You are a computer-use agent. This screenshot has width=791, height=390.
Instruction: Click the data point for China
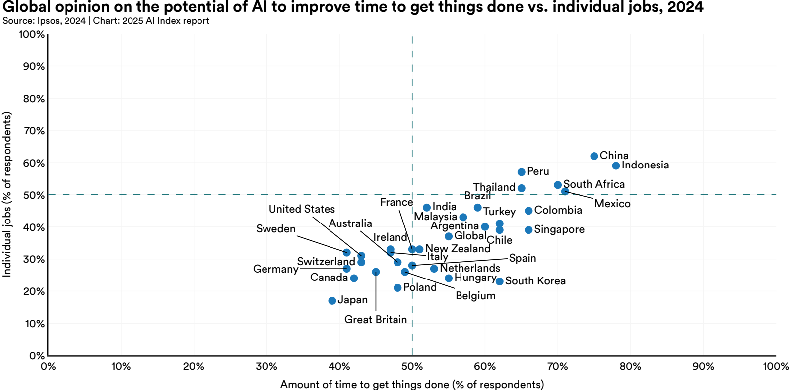click(594, 156)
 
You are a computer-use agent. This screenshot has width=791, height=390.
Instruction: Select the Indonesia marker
click(616, 166)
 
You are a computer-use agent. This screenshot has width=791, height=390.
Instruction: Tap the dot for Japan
click(332, 301)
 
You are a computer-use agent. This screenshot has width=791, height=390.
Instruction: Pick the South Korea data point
click(499, 281)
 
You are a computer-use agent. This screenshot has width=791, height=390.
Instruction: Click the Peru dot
click(521, 172)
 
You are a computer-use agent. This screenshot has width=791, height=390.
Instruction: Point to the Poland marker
click(397, 288)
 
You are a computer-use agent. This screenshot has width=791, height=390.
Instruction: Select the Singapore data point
click(528, 230)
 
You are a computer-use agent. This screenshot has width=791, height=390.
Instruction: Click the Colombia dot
click(528, 211)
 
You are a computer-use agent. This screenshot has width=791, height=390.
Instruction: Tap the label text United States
click(302, 209)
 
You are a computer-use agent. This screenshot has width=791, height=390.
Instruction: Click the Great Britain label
click(376, 320)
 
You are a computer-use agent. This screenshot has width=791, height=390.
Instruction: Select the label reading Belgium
click(475, 296)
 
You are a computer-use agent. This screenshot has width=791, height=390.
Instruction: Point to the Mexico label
click(612, 204)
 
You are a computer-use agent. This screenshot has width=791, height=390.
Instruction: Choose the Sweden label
click(276, 229)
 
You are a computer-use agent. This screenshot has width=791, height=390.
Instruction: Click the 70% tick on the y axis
click(34, 131)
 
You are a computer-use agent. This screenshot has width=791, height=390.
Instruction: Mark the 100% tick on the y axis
click(32, 34)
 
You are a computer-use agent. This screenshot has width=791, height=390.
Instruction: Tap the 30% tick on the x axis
click(266, 367)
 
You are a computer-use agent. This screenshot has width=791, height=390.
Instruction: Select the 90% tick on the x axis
click(703, 367)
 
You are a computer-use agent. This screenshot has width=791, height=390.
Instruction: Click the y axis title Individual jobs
click(7, 194)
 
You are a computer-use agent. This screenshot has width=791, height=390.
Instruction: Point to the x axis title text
click(412, 385)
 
